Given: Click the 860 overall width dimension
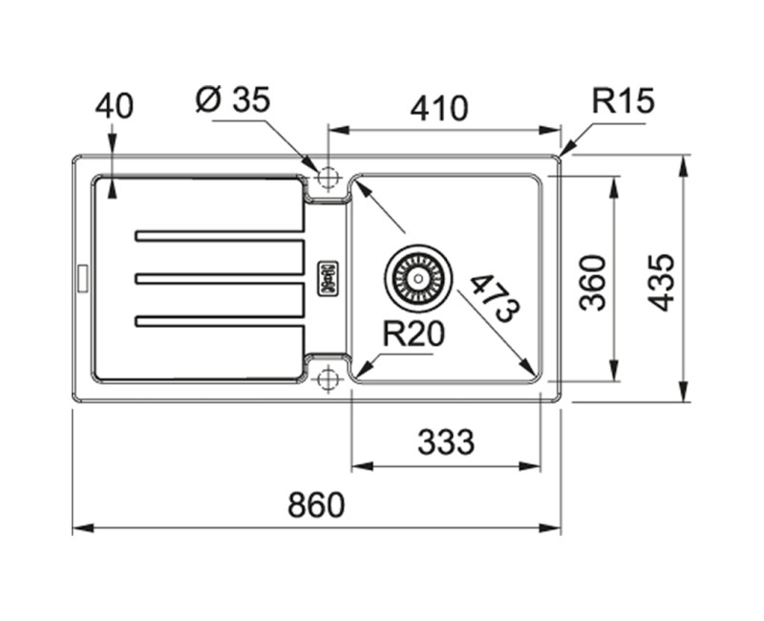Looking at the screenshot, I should coord(315,503).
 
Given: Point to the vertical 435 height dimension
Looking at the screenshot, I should coord(661,281).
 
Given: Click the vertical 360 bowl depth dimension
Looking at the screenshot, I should coord(594,281).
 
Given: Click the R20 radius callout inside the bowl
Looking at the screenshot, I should coord(414,333).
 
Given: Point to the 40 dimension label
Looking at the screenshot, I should coord(114,105).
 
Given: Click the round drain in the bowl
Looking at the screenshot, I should coord(416,276).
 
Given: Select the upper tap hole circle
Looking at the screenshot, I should coord(329,178).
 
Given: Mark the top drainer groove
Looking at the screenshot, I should coord(220,235).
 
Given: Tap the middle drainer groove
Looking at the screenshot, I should coord(220,278).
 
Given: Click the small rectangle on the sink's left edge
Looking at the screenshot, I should coord(81,277).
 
